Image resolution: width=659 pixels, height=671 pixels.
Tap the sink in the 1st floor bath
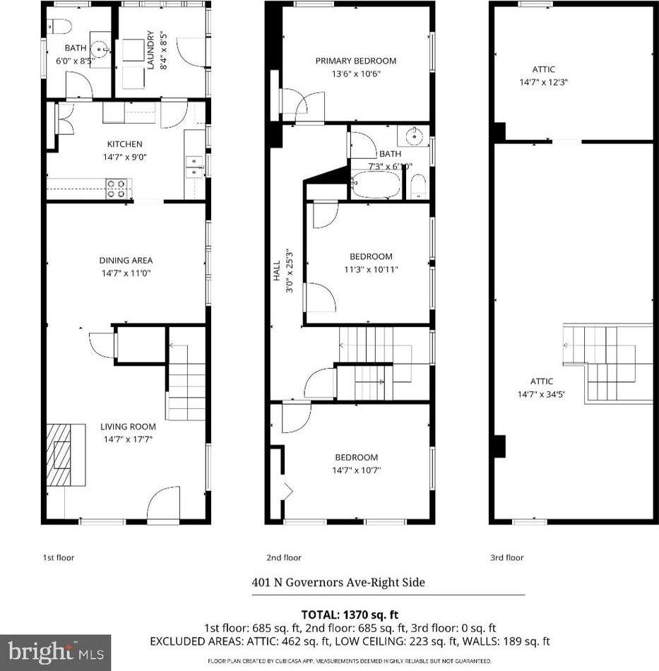tap(102, 50)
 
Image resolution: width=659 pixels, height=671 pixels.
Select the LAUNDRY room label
tap(150, 49)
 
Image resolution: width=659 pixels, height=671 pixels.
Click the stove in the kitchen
tap(118, 188)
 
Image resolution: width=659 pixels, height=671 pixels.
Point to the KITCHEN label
tap(124, 144)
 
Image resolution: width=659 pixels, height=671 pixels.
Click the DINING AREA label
tap(125, 261)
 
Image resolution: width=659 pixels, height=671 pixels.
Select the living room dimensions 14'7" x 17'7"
tap(127, 439)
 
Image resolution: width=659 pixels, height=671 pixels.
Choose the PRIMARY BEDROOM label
tap(355, 61)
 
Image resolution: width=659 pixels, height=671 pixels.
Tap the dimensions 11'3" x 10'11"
tap(371, 268)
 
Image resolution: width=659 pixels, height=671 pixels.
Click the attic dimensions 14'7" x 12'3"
tap(543, 81)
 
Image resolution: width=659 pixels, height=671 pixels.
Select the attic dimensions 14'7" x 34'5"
tap(543, 393)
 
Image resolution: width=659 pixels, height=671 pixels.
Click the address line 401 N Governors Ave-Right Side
tap(338, 583)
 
